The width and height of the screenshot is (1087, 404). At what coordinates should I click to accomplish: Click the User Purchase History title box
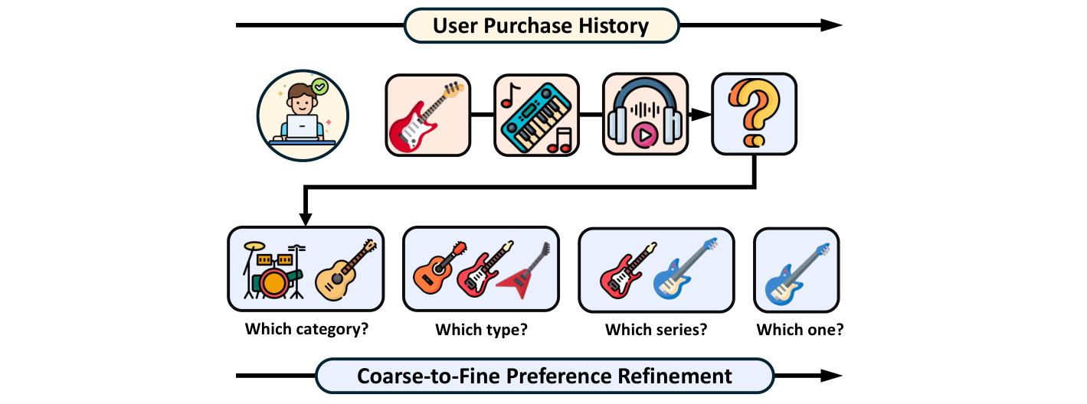(x=541, y=25)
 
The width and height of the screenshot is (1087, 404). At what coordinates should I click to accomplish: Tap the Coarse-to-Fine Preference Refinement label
(x=544, y=376)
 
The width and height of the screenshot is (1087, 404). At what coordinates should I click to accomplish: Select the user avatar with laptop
(x=303, y=115)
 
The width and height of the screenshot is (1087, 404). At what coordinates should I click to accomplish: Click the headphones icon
(x=644, y=115)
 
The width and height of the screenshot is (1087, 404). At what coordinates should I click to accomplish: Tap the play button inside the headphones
(x=644, y=135)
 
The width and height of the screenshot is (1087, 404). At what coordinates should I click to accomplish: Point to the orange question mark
(x=753, y=113)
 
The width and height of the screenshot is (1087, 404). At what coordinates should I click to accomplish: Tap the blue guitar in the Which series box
(x=686, y=269)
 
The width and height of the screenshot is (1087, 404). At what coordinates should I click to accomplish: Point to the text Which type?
(x=481, y=331)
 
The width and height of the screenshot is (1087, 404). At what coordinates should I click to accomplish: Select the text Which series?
(x=656, y=331)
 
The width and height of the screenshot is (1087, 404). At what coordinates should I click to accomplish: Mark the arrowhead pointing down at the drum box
(x=306, y=220)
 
